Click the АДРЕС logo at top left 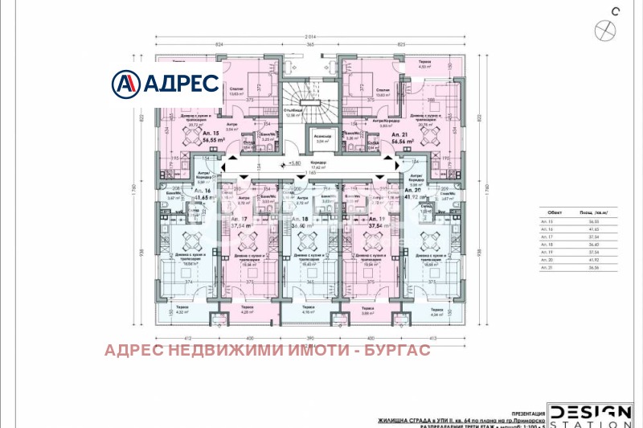point(166,82)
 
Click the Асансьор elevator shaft point(325,142)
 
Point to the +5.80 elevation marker point(294,163)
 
